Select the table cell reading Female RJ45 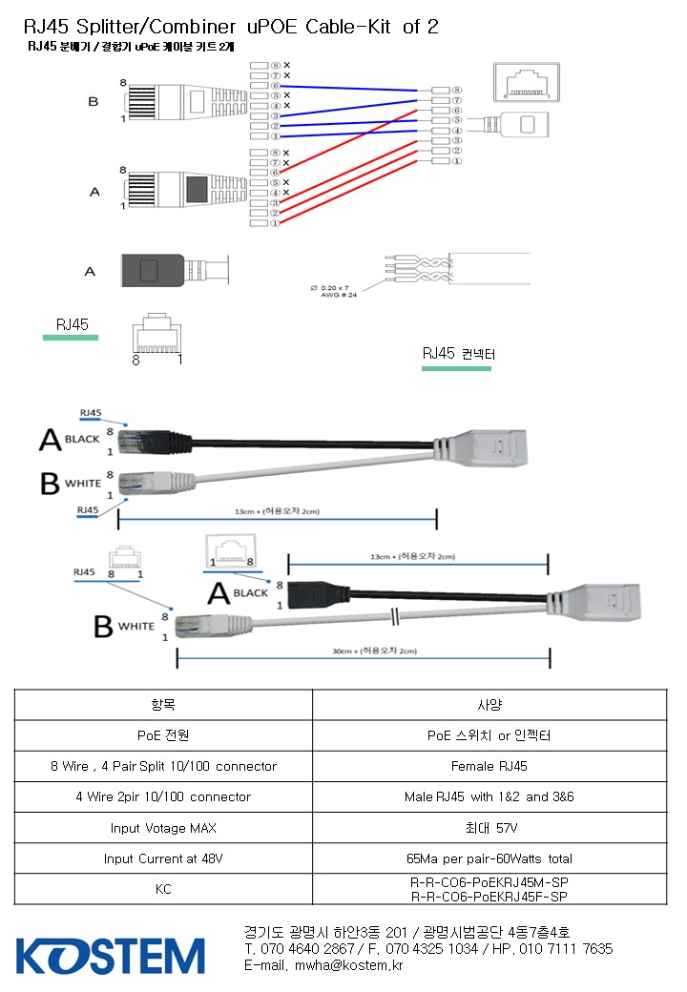pos(489,766)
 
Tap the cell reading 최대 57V pos(489,827)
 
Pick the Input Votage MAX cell pos(163,827)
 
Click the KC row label pos(163,889)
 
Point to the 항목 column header pos(163,705)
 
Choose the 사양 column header pos(489,705)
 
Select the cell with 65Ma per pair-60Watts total pos(489,858)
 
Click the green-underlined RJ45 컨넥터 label pos(458,355)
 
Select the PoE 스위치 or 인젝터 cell pos(489,735)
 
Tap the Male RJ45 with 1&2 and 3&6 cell pos(489,796)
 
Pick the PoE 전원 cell pos(163,735)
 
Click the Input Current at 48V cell pos(163,858)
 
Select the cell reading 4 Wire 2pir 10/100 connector pos(163,796)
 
